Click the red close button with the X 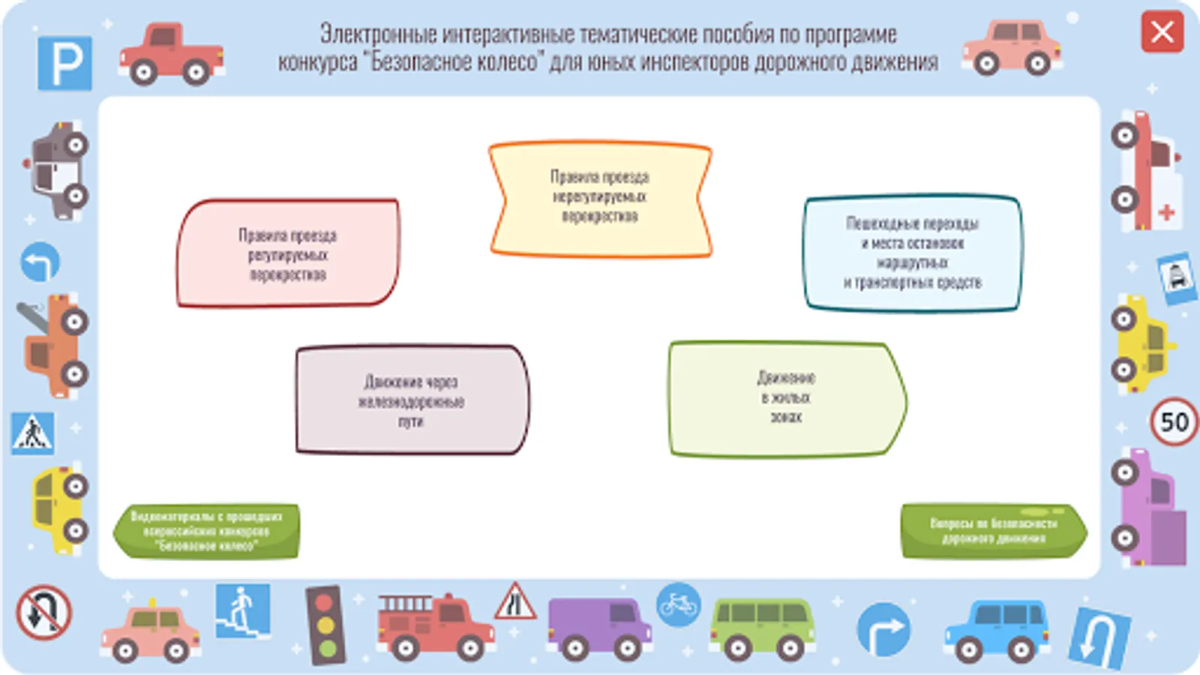coord(1162,32)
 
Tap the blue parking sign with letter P coord(65,62)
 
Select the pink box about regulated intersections coord(288,253)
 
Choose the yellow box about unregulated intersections coord(600,198)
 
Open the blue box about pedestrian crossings coord(913,253)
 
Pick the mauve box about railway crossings coord(412,400)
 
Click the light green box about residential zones coord(786,398)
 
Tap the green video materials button coord(207,531)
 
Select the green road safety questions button coord(994,531)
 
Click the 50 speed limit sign coord(1174,421)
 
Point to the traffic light coord(325,625)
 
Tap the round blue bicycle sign coord(679,604)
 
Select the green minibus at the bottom coord(762,627)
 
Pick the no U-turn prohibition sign coord(43,613)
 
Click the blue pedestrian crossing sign coord(32,433)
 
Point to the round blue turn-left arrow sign coord(40,262)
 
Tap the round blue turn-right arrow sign coord(883,628)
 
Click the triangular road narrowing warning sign coord(514,602)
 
